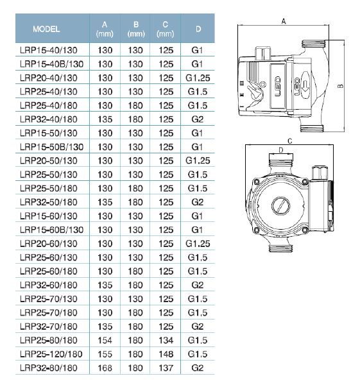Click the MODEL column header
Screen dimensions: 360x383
tap(46, 29)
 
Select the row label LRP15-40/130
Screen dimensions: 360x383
tap(48, 50)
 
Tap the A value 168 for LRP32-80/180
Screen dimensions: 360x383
tap(105, 368)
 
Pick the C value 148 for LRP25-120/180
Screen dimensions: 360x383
tap(166, 354)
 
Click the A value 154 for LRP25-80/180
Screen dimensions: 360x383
tap(105, 340)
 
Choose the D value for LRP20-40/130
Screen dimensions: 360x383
tap(198, 78)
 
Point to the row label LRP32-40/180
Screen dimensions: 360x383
tap(48, 119)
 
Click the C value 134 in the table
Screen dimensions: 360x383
tap(166, 340)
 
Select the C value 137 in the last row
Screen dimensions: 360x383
tap(166, 368)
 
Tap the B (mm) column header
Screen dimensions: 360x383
tap(136, 29)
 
